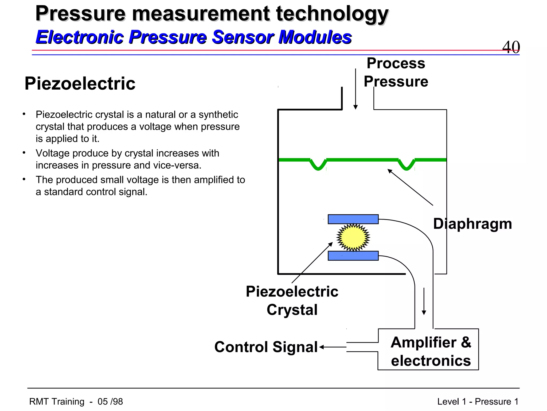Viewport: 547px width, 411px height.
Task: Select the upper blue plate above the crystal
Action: (353, 219)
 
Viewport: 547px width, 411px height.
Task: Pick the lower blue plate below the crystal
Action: (353, 256)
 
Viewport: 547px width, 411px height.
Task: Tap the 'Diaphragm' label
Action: (472, 224)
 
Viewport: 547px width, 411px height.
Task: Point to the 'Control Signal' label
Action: (266, 347)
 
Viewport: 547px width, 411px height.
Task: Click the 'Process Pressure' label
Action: (396, 72)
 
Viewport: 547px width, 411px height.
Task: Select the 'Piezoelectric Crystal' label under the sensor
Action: (292, 300)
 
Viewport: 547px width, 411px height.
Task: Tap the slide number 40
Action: (511, 47)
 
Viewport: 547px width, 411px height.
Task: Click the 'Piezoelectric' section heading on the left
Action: (80, 83)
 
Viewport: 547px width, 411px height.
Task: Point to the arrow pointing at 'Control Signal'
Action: (333, 347)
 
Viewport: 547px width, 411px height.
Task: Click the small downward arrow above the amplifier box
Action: (424, 301)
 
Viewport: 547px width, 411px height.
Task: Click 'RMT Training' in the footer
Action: (57, 402)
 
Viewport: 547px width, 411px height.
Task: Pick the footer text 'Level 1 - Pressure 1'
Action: (478, 402)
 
